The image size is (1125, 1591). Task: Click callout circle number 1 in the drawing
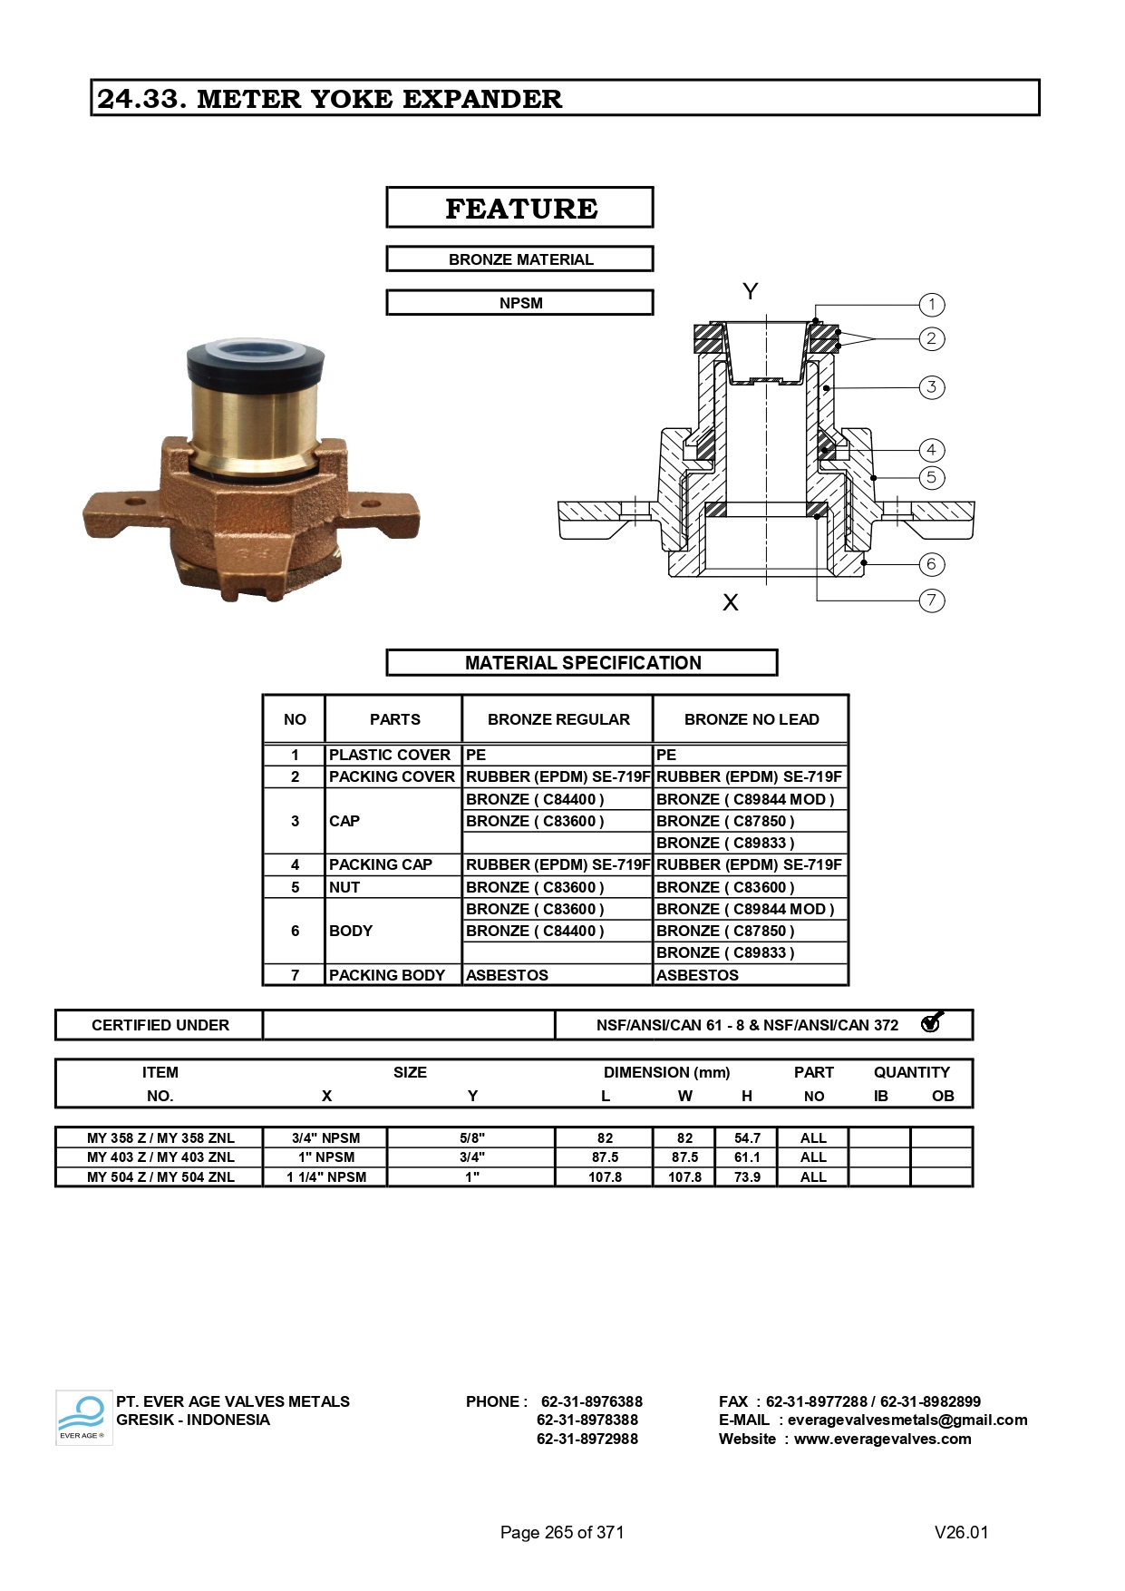point(931,305)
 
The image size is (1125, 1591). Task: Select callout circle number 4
point(931,450)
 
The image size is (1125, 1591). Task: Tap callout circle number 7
point(931,600)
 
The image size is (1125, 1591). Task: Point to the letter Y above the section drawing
point(750,291)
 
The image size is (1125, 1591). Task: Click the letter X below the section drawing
point(731,602)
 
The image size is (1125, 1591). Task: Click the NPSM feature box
point(520,303)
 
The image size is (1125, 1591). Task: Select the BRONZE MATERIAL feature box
point(520,259)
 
